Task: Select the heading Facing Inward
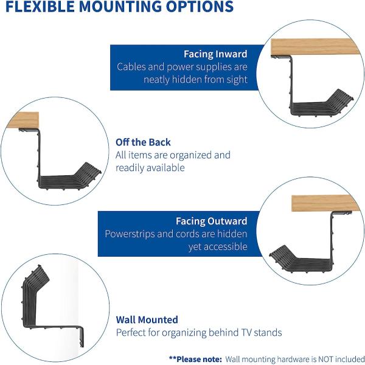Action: click(x=215, y=54)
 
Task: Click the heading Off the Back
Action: click(x=143, y=142)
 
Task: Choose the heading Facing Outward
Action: click(x=211, y=221)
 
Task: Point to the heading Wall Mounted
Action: click(x=147, y=319)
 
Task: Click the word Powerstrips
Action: click(x=131, y=234)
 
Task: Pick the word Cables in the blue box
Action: click(x=132, y=67)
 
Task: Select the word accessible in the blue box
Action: click(x=224, y=247)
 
